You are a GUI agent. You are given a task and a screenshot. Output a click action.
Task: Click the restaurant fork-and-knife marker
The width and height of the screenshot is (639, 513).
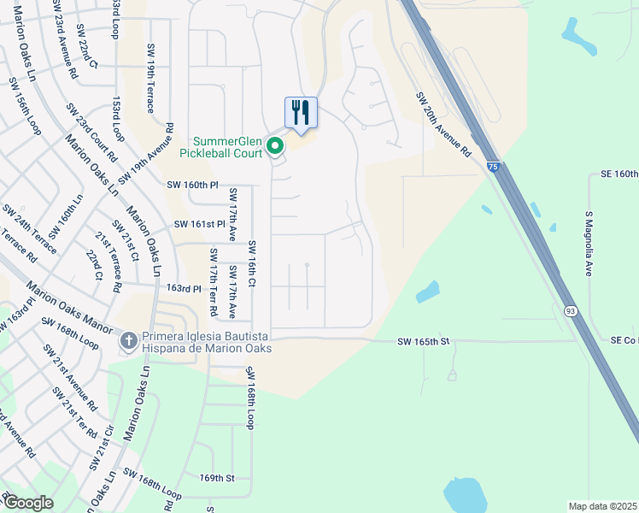pyautogui.click(x=301, y=112)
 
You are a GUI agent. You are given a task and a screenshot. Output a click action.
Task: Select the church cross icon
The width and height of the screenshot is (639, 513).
pyautogui.click(x=128, y=342)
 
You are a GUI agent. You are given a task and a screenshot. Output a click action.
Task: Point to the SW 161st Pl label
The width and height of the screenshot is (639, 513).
pyautogui.click(x=199, y=224)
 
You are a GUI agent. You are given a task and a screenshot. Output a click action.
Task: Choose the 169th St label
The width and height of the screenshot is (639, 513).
pyautogui.click(x=216, y=478)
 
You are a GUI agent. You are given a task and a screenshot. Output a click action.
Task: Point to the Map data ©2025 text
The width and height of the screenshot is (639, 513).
pyautogui.click(x=603, y=506)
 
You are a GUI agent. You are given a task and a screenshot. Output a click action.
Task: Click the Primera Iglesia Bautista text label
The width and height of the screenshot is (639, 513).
pyautogui.click(x=207, y=336)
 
